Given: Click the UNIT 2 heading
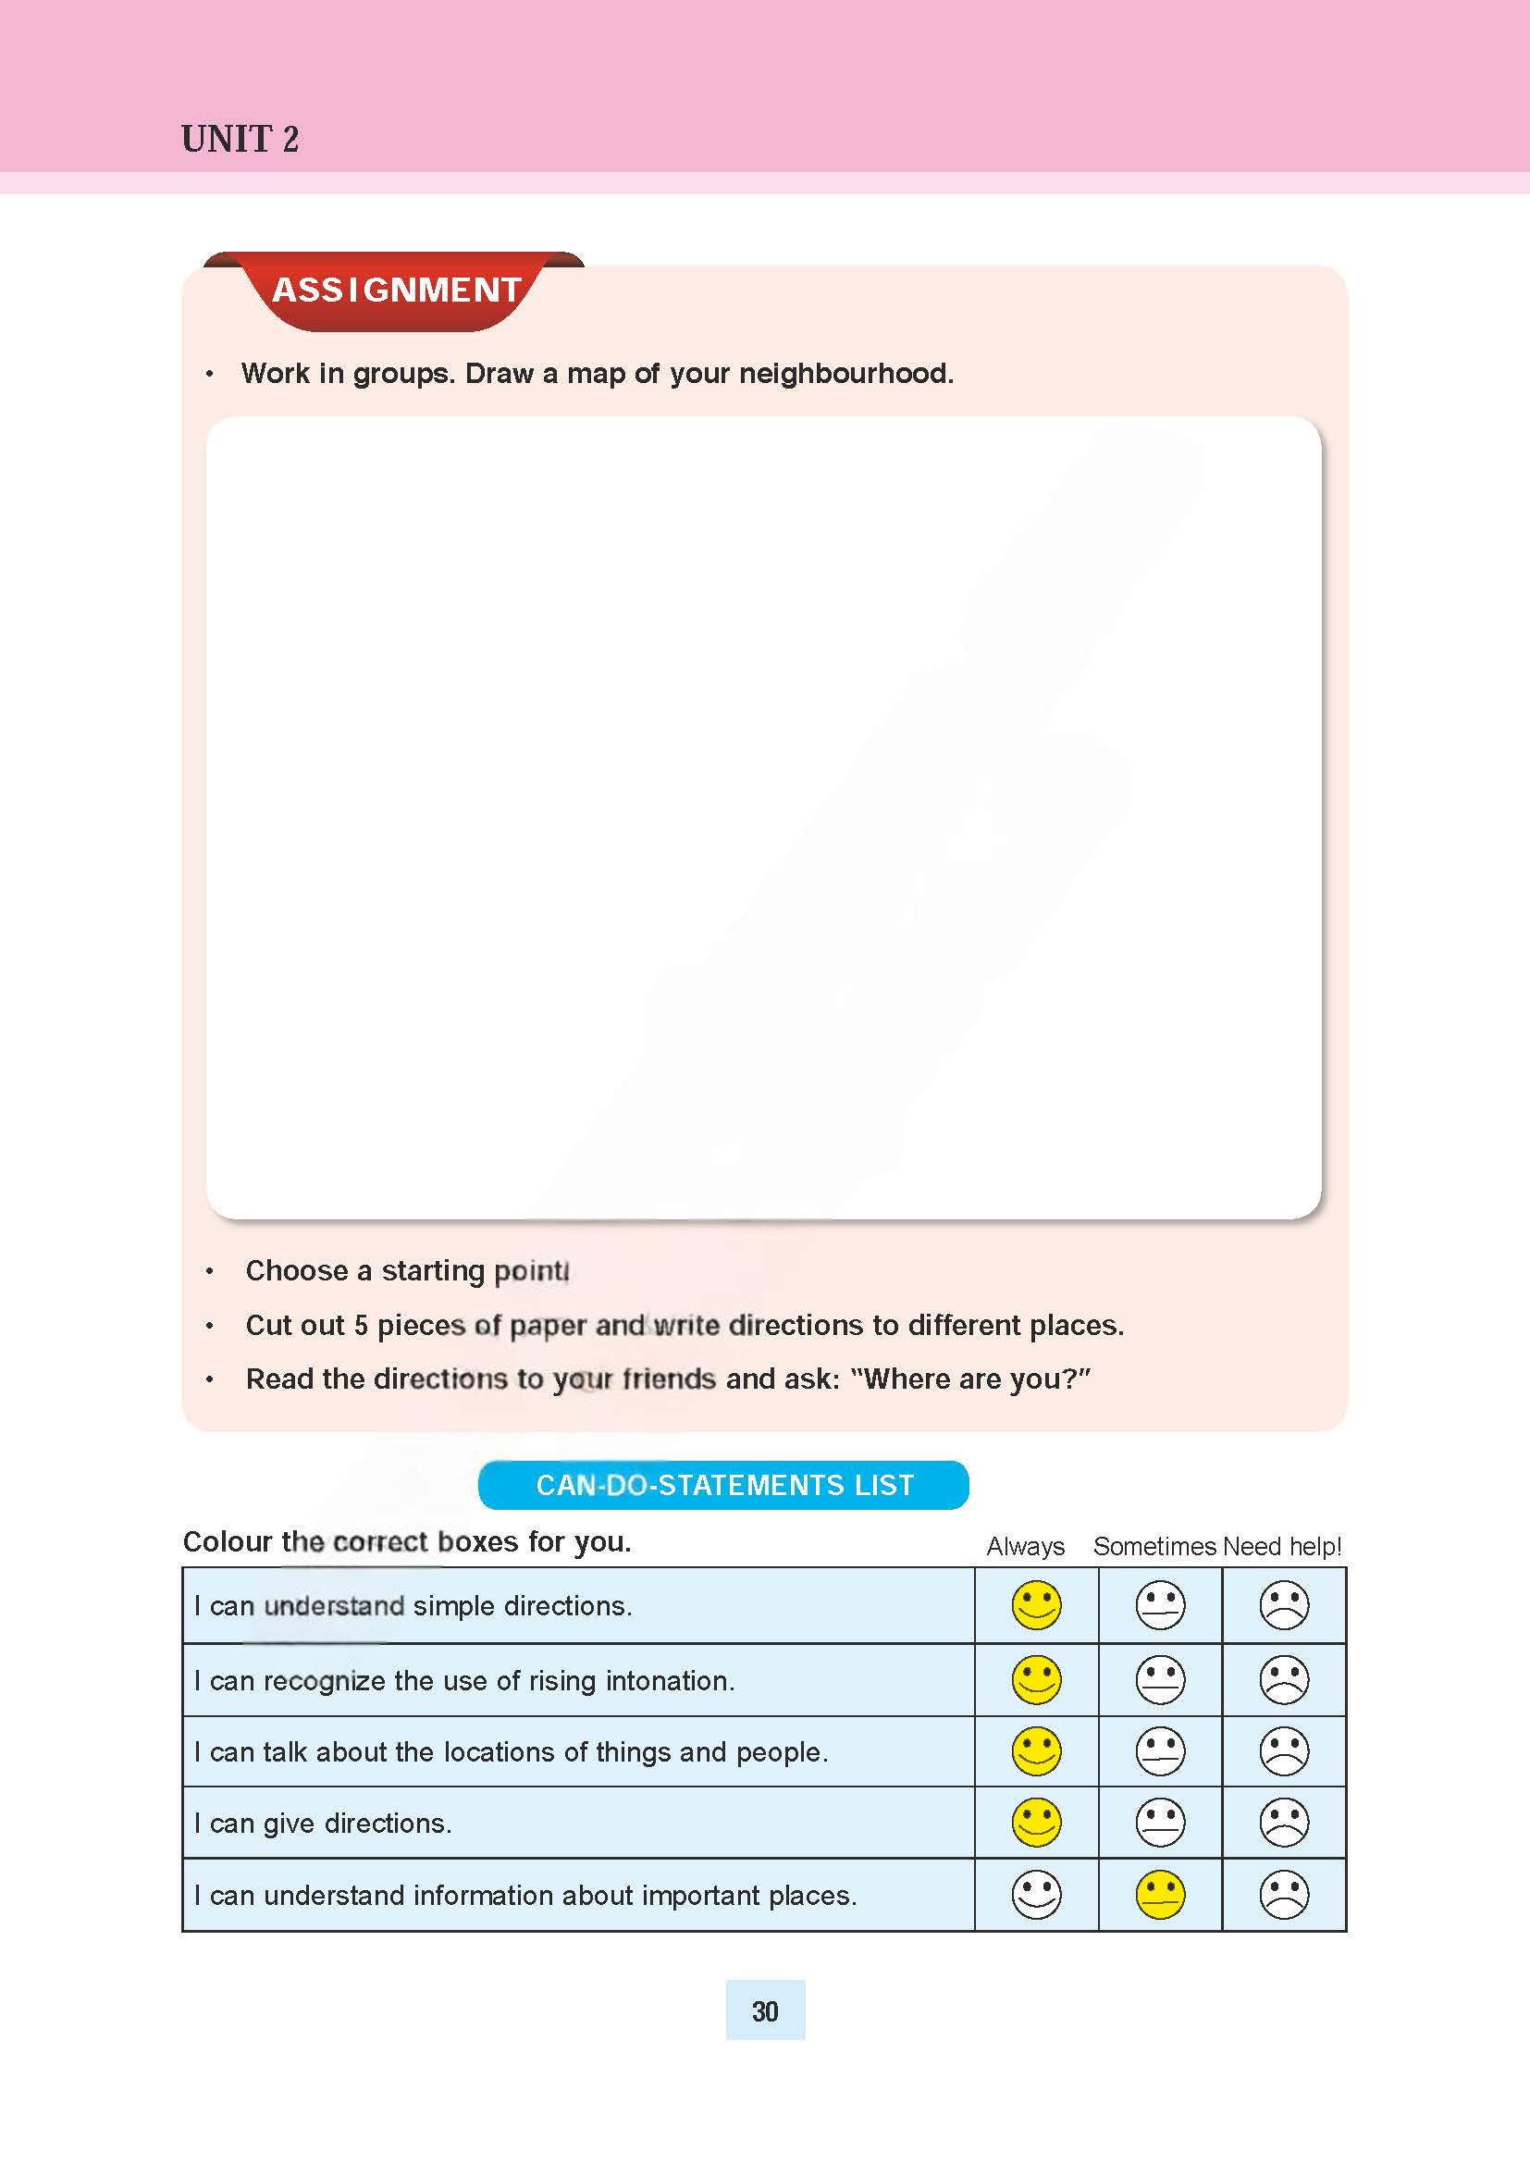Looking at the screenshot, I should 240,140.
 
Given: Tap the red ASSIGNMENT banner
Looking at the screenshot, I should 396,291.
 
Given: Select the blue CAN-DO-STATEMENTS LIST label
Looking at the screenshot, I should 723,1486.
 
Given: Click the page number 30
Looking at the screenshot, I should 765,2011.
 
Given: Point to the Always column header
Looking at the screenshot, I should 1025,1547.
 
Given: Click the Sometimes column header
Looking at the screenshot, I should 1154,1547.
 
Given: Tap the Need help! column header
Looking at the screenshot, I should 1282,1547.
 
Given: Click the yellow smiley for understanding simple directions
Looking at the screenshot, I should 1035,1605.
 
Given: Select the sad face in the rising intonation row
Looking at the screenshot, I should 1283,1679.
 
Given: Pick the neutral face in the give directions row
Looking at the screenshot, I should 1160,1822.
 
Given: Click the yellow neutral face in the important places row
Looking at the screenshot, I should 1160,1895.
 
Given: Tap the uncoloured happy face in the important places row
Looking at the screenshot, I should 1035,1895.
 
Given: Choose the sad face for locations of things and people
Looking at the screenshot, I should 1283,1751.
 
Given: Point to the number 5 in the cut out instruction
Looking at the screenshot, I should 361,1326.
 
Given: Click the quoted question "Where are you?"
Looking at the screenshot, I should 970,1379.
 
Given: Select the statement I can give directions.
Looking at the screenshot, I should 322,1824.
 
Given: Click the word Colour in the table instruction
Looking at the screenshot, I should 228,1542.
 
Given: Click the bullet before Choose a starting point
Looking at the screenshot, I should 209,1272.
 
